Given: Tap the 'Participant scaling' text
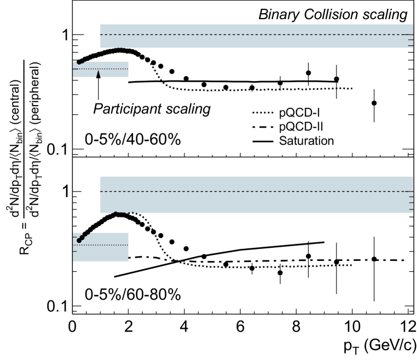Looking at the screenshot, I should click(x=152, y=109).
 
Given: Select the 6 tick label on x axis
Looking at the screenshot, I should click(x=240, y=326).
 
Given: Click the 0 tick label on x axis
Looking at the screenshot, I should click(x=72, y=326).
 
